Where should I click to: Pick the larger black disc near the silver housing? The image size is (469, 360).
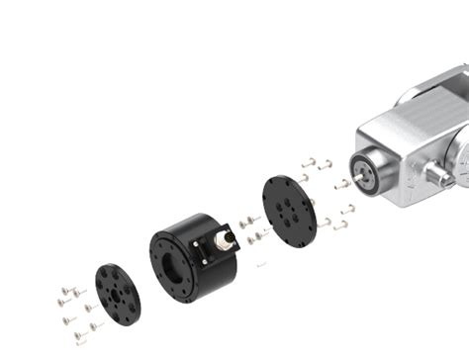289,214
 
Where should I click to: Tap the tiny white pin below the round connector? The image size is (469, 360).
260,265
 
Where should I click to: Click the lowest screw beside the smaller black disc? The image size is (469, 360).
79,338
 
